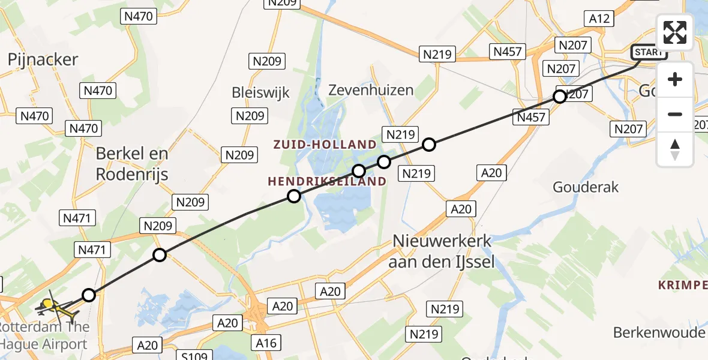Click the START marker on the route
648,52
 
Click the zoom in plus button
675,79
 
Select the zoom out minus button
675,114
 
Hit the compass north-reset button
675,149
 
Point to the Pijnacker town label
43,59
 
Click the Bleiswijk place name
261,92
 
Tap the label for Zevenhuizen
371,90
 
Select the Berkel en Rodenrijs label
132,164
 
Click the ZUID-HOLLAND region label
325,145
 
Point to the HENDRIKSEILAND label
327,181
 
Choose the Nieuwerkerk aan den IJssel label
443,251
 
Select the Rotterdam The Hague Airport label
44,336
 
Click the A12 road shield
599,19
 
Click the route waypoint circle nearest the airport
89,295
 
